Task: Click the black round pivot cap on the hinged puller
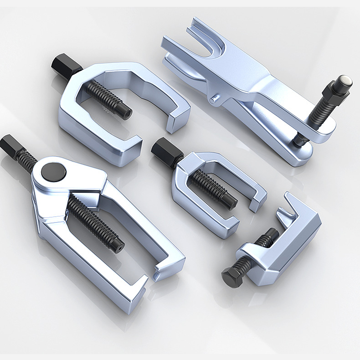click(x=54, y=173)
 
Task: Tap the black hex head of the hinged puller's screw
click(x=8, y=146)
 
